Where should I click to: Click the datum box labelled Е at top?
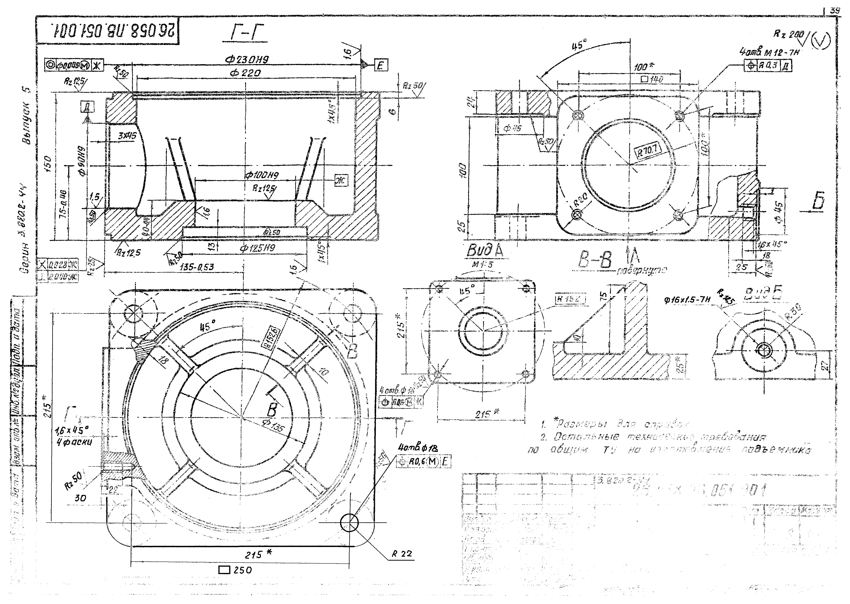point(381,66)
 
